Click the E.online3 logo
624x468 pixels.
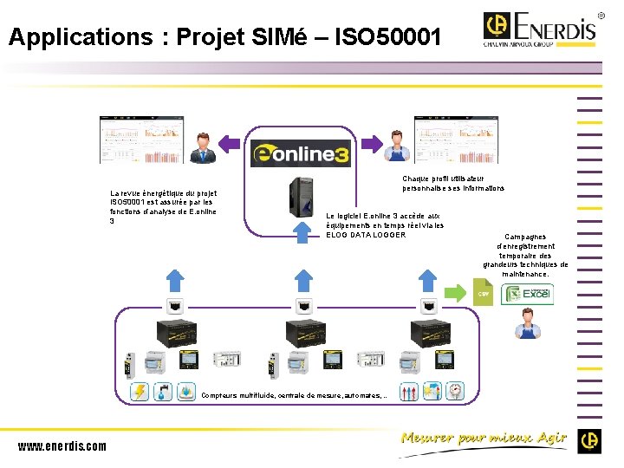tap(301, 153)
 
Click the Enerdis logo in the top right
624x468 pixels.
tap(540, 28)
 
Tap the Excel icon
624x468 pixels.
tap(528, 294)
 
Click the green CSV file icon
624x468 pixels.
tap(484, 292)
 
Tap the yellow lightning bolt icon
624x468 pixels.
tap(140, 392)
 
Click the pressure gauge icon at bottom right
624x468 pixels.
tap(456, 391)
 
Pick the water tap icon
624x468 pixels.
tap(163, 392)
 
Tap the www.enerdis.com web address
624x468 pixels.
tap(62, 446)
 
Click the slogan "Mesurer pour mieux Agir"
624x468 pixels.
tap(484, 438)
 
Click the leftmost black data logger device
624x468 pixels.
tap(178, 335)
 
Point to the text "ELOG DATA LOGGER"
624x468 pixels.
tap(365, 235)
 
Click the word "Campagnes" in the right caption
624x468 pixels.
tap(525, 237)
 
